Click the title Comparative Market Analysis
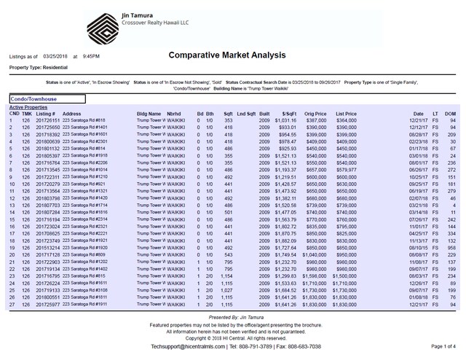point(232,55)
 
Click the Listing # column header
point(45,114)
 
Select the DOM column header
point(450,114)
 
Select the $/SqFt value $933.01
point(285,128)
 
